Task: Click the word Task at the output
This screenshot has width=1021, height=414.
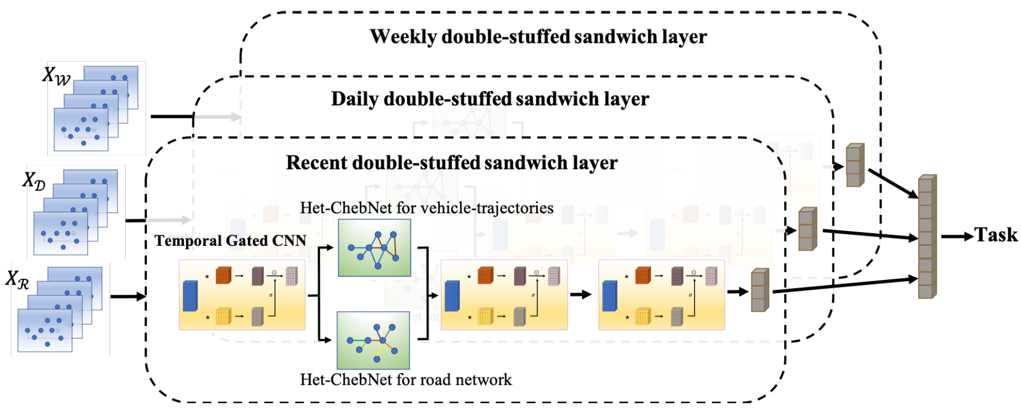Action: coord(996,235)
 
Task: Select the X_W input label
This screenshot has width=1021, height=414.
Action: coord(57,75)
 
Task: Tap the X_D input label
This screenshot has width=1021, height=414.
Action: coord(34,181)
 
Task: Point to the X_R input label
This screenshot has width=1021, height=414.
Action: coord(18,279)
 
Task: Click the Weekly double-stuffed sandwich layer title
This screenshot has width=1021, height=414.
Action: coord(538,37)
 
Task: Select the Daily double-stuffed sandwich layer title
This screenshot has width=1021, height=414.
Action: coord(490,99)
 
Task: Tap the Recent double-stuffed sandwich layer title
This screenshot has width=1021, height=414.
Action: coord(452,163)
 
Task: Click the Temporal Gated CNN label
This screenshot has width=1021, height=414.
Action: coord(230,241)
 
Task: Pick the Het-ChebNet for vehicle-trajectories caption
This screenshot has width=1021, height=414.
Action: coord(427,208)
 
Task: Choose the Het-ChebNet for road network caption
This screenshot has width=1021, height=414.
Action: coord(405,380)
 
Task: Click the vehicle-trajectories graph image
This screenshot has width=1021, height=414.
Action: coord(375,248)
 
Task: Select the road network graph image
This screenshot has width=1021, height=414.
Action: coord(373,340)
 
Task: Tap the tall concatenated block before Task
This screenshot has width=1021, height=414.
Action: coord(927,237)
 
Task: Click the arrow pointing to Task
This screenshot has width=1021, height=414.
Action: coord(957,236)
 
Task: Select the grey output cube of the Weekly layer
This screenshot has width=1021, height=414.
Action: coord(855,165)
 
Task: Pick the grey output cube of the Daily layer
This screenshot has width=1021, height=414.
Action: coord(807,229)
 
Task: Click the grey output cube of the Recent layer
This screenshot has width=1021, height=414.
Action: coord(760,290)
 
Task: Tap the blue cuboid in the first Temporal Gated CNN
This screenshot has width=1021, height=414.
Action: coord(190,295)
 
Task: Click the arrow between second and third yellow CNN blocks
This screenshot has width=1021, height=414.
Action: coord(581,294)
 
